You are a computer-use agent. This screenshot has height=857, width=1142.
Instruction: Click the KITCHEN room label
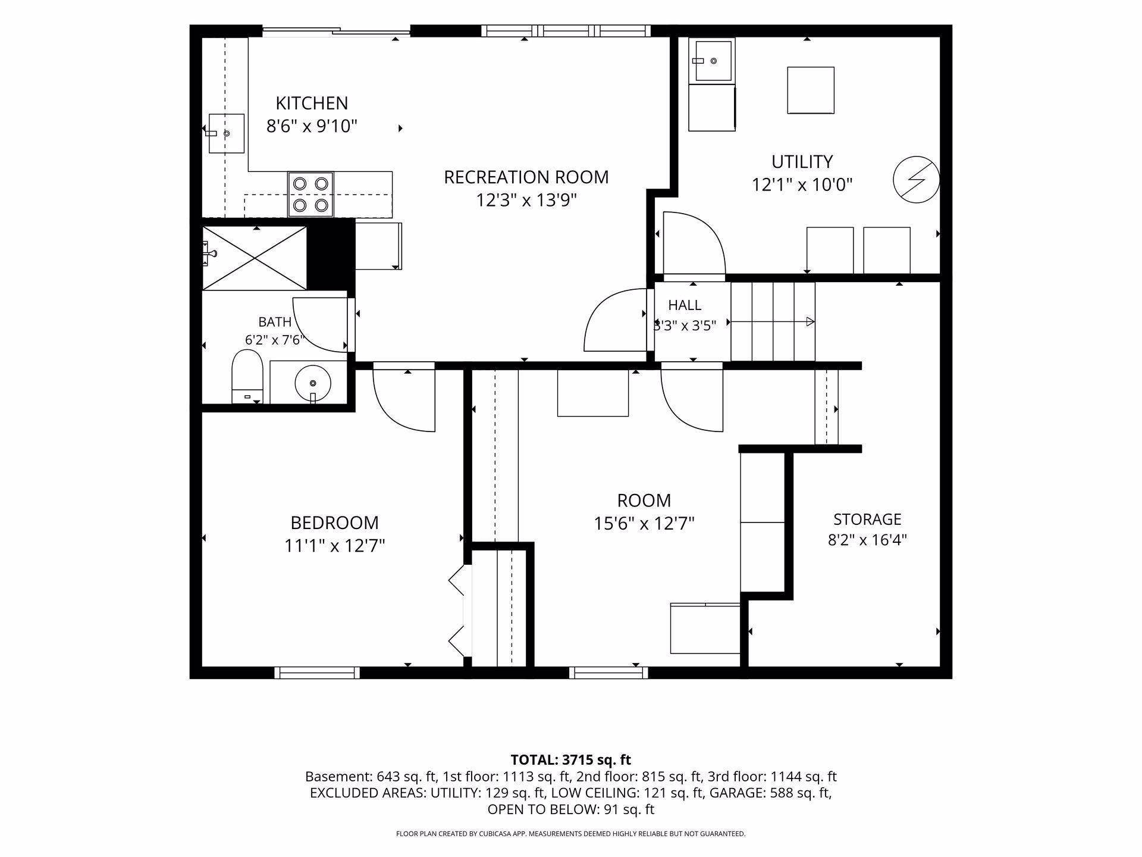[x=312, y=103]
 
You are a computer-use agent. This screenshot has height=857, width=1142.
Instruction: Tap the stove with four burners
[x=310, y=195]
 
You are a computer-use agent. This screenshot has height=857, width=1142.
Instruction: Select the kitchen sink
[x=226, y=133]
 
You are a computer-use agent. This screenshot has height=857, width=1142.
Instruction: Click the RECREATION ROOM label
[x=526, y=177]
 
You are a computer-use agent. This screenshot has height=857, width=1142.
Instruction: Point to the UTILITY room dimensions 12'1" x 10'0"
[x=802, y=185]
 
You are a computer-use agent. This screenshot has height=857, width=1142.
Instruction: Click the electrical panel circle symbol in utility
[x=917, y=179]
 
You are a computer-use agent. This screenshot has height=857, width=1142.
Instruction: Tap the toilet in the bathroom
[x=247, y=377]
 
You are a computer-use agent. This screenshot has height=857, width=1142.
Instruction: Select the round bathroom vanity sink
[x=313, y=381]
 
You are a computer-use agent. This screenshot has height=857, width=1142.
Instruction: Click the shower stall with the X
[x=255, y=258]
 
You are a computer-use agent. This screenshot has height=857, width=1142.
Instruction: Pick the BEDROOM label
[x=334, y=523]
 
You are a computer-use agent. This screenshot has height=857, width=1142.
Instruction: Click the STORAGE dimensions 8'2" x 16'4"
[x=867, y=540]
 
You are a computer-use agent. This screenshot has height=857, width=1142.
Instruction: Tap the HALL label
[x=685, y=305]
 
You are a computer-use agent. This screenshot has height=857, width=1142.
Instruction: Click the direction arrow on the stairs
[x=772, y=322]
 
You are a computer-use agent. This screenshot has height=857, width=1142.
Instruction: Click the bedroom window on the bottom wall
[x=317, y=673]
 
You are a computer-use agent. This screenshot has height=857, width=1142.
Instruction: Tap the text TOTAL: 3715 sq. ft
[x=571, y=760]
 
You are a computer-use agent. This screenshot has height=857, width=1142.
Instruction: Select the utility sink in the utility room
[x=712, y=61]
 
